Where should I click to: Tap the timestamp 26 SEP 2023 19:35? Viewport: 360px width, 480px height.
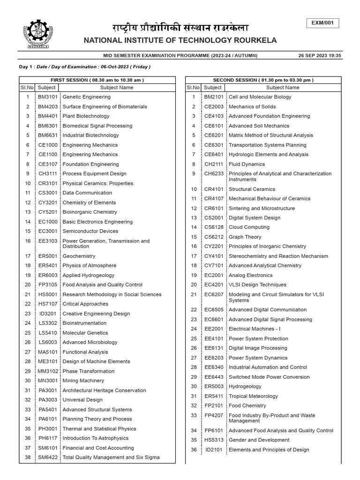320,55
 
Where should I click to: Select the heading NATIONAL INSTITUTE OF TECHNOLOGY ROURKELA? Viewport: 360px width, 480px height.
180,41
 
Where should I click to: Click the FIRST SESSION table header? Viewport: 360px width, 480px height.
97,80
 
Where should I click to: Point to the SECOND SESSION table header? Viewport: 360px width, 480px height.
263,80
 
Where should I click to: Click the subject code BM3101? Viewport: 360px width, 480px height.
47,97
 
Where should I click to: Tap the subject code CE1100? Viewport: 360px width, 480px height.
47,154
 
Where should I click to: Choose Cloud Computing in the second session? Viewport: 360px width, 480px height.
249,227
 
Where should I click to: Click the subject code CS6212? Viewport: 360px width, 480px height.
213,237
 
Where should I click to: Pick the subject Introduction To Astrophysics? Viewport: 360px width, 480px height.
95,438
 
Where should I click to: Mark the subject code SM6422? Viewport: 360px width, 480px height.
47,457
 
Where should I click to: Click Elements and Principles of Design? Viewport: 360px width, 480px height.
269,450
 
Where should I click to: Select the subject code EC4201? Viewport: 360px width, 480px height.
213,285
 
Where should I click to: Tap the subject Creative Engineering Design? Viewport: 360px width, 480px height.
96,314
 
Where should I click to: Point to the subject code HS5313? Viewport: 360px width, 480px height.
213,440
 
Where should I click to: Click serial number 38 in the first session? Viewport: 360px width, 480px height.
28,457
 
